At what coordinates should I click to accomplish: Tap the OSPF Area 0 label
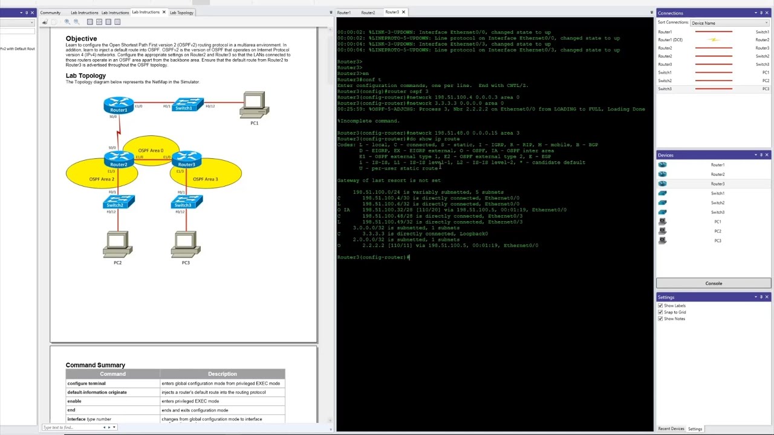tap(151, 150)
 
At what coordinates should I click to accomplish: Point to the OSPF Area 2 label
tap(102, 179)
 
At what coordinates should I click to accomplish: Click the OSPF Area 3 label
tap(205, 179)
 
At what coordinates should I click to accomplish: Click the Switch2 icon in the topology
tap(119, 201)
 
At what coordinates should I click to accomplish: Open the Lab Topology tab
tap(181, 13)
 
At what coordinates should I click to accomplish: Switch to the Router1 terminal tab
tap(344, 13)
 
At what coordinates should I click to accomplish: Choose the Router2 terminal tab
tap(368, 13)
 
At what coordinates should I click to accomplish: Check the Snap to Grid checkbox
tap(660, 312)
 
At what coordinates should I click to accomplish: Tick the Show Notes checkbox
tap(660, 319)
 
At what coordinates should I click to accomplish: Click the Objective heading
tap(81, 39)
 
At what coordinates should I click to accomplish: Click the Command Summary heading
tap(96, 365)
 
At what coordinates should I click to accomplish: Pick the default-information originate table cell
tap(97, 392)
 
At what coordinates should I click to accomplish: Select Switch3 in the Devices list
tap(718, 212)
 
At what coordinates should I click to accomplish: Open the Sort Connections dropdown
tap(730, 23)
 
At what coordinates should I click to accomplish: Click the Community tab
tap(50, 13)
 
